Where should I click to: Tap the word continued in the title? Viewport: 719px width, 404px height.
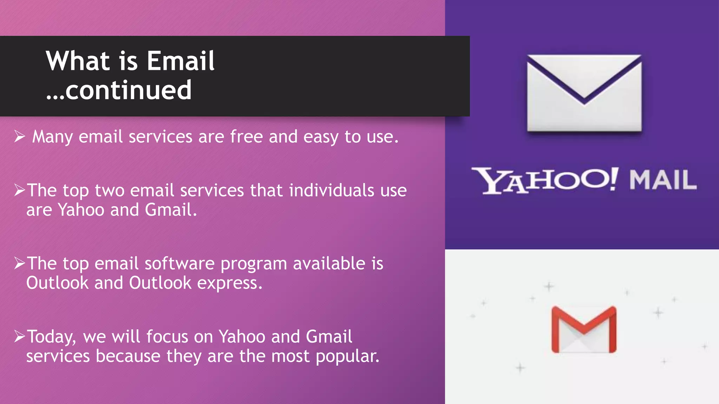pyautogui.click(x=128, y=90)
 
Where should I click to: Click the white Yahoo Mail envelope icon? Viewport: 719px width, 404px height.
pyautogui.click(x=584, y=93)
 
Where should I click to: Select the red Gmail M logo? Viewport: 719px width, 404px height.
pyautogui.click(x=584, y=329)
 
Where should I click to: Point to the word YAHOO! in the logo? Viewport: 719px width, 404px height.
pyautogui.click(x=545, y=180)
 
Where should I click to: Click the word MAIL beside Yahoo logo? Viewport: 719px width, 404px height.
pyautogui.click(x=662, y=180)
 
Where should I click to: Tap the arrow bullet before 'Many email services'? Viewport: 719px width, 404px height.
pyautogui.click(x=20, y=136)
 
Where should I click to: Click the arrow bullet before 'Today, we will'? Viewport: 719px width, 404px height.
pyautogui.click(x=20, y=336)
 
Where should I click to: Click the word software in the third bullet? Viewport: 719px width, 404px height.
pyautogui.click(x=179, y=263)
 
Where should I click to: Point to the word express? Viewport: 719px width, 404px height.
pyautogui.click(x=230, y=283)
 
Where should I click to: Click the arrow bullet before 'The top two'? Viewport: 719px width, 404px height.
pyautogui.click(x=20, y=190)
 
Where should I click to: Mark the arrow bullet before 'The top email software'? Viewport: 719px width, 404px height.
pyautogui.click(x=20, y=263)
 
